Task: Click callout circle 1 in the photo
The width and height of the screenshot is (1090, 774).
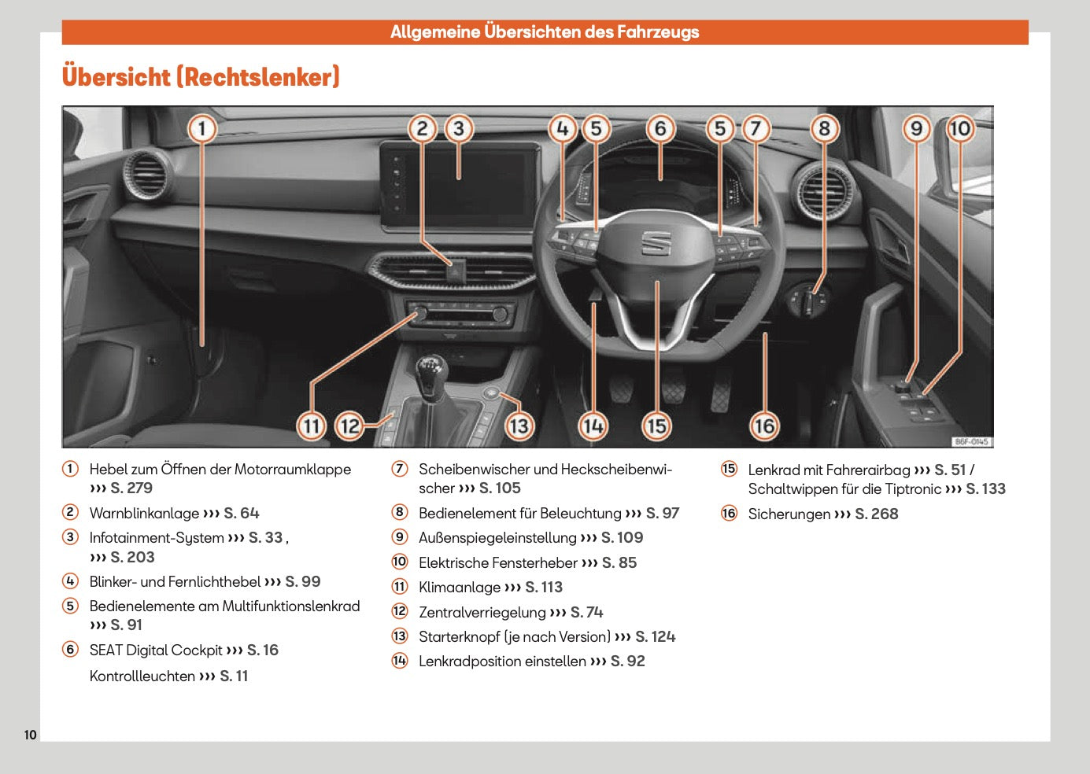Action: [202, 129]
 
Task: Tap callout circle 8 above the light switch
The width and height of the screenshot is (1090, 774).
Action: [824, 129]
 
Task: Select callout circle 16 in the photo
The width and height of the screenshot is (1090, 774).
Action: [764, 426]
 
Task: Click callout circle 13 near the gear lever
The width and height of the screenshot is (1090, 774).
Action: [518, 426]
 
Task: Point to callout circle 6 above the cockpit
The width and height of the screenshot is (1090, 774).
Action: [660, 129]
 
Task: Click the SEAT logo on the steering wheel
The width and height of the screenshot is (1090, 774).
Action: [656, 243]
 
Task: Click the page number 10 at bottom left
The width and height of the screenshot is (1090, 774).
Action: [30, 735]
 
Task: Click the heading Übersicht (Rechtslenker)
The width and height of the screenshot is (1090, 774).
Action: [201, 77]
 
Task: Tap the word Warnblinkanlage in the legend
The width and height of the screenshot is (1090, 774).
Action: [144, 514]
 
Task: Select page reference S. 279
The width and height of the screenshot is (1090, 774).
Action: [131, 488]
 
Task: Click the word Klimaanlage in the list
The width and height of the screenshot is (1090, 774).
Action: [460, 588]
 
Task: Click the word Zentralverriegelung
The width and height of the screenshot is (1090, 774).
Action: [482, 613]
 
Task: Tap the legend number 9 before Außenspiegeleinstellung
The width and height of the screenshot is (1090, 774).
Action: [400, 537]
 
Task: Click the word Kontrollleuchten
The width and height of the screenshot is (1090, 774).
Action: [142, 676]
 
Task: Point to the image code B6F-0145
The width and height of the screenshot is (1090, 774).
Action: [971, 442]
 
